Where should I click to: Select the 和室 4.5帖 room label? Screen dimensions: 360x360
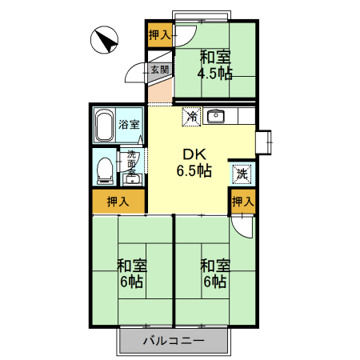215,66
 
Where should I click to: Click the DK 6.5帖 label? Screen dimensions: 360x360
194,162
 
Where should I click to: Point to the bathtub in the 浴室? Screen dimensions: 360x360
104,126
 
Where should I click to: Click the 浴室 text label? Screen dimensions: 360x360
130,125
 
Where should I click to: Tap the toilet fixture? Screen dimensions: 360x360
103,169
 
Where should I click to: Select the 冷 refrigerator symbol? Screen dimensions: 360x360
192,117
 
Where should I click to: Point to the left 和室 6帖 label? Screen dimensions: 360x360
131,274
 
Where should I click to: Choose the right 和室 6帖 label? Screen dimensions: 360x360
214,274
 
